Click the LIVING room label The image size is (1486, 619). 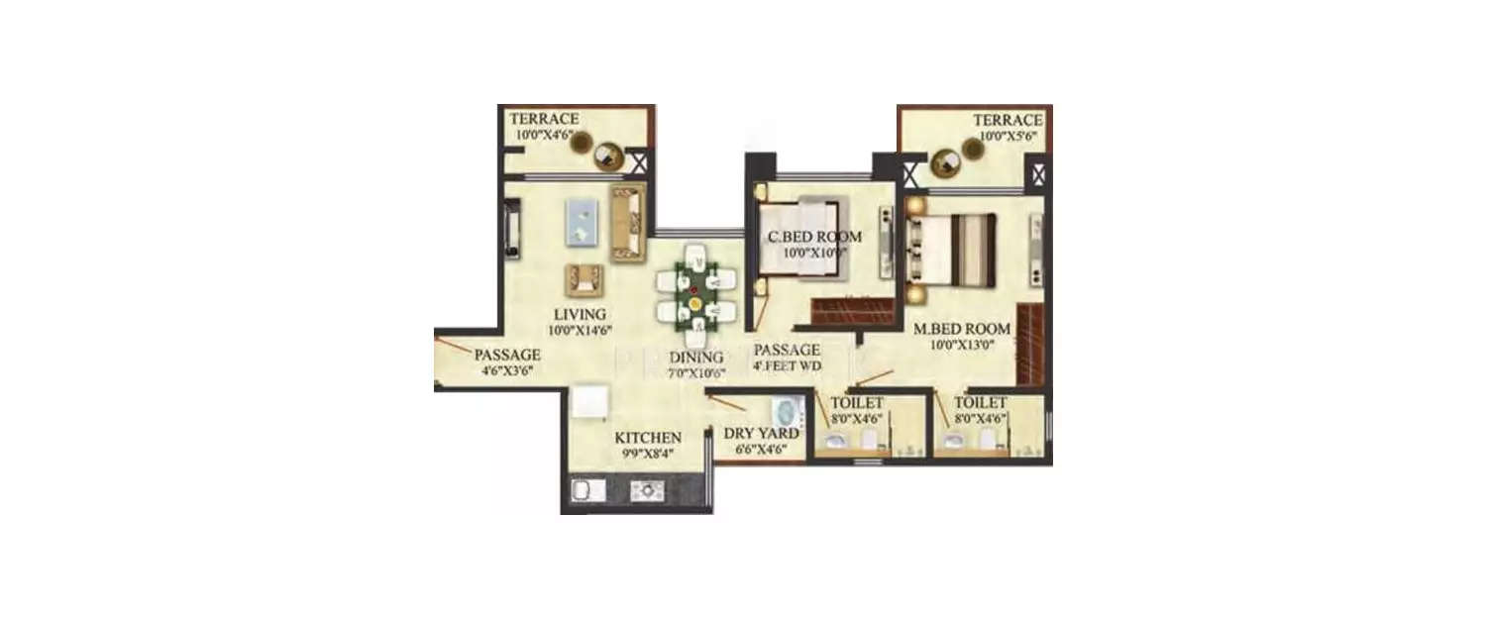[x=580, y=315]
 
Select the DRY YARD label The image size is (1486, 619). [x=757, y=433]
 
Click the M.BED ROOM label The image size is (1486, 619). [x=962, y=329]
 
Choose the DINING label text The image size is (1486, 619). [x=696, y=358]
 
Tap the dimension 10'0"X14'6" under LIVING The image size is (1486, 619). [x=580, y=332]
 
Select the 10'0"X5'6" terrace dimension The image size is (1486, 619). [x=1007, y=137]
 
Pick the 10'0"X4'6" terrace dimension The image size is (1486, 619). [x=543, y=135]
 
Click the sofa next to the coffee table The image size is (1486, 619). [x=627, y=222]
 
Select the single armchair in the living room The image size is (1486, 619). [x=584, y=279]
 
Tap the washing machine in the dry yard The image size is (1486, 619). [x=789, y=412]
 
